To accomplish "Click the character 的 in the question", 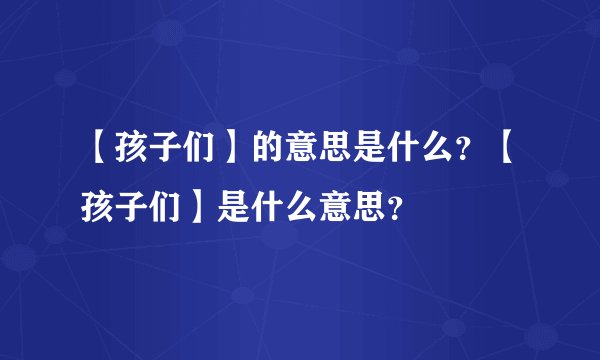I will tap(268, 152).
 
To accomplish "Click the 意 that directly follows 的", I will tap(303, 152).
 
